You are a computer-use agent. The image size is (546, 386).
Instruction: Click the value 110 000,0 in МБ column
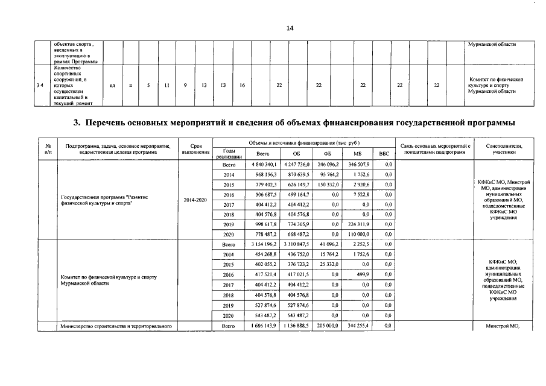tap(357, 235)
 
